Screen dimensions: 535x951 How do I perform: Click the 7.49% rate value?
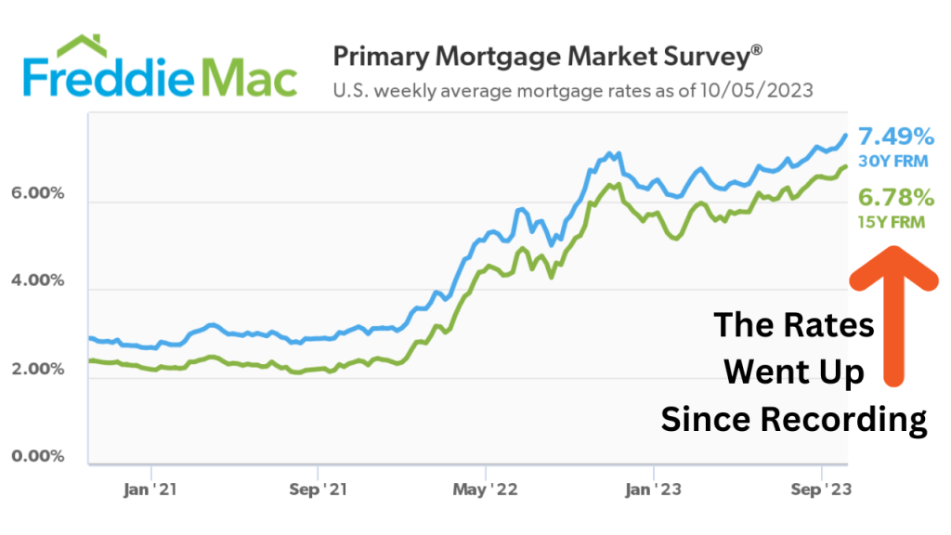pyautogui.click(x=895, y=137)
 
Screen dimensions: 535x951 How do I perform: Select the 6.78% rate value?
pyautogui.click(x=895, y=198)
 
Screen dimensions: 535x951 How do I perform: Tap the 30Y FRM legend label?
pyautogui.click(x=892, y=161)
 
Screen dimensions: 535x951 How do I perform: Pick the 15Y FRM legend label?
pyautogui.click(x=892, y=221)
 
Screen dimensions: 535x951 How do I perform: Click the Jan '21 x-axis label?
pyautogui.click(x=150, y=490)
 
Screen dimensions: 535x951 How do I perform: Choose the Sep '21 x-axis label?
pyautogui.click(x=318, y=490)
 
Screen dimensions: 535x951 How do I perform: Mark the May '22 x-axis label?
pyautogui.click(x=486, y=490)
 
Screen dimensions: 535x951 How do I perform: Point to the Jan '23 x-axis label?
pyautogui.click(x=654, y=490)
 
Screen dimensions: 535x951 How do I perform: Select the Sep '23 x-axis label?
pyautogui.click(x=821, y=490)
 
